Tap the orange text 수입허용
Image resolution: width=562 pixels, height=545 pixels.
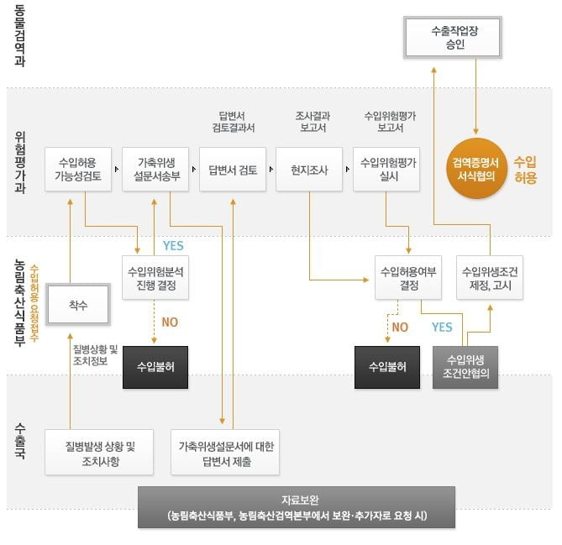(524, 169)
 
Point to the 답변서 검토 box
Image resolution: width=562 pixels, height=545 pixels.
(233, 169)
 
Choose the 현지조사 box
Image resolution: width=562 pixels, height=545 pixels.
(309, 169)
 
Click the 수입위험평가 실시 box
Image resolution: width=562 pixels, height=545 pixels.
(388, 169)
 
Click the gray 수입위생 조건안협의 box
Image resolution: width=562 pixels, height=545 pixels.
(466, 367)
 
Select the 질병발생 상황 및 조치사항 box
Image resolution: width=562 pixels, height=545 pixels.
(100, 453)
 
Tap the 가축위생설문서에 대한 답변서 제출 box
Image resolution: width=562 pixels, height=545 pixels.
(226, 453)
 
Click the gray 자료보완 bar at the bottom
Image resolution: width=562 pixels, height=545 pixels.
(297, 506)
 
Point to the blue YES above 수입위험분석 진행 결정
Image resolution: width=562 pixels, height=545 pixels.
(172, 245)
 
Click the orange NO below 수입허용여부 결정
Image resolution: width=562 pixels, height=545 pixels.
(400, 327)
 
